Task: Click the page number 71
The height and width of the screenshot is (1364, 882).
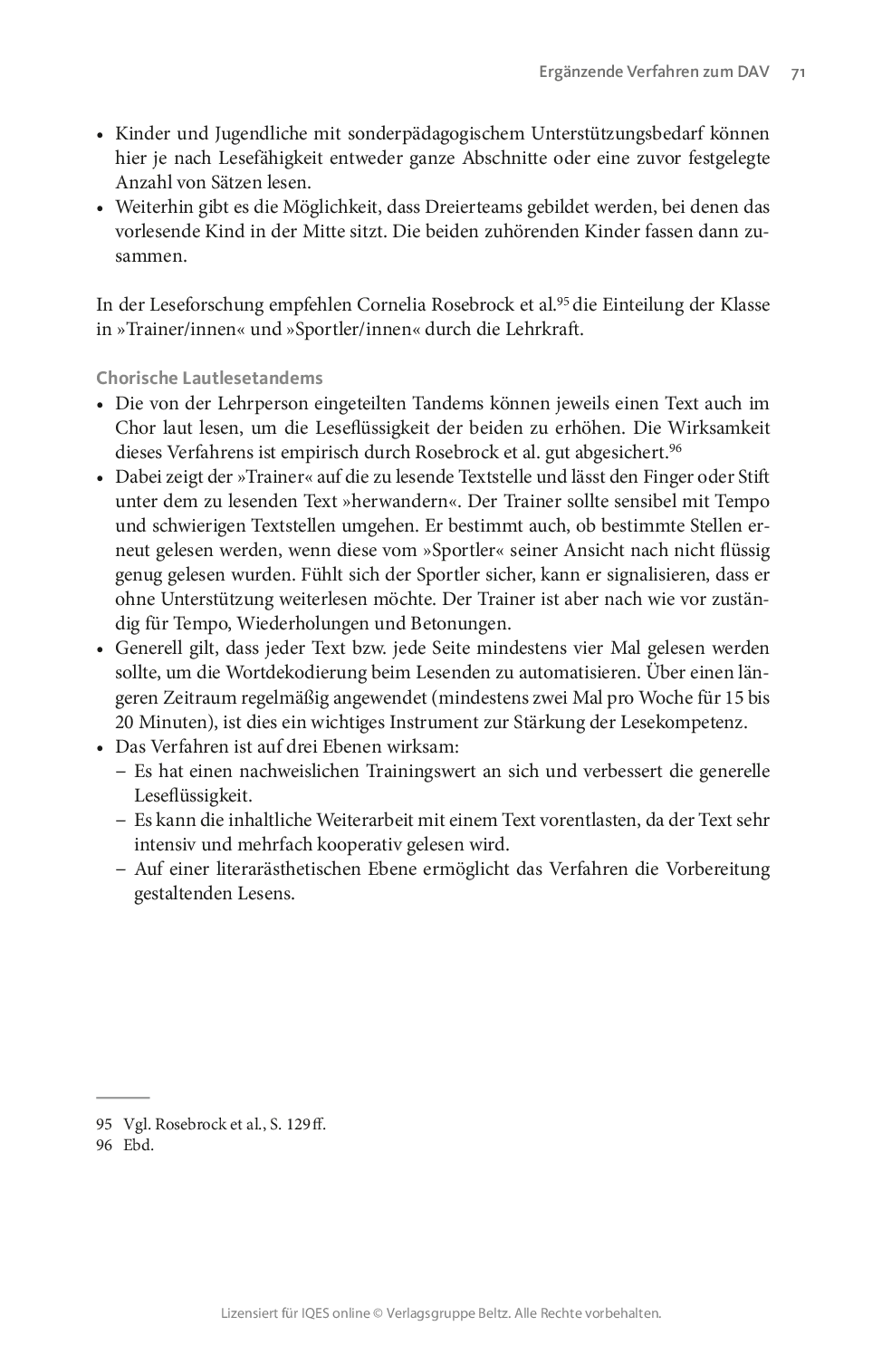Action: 798,74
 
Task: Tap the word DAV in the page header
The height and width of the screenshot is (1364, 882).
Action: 753,73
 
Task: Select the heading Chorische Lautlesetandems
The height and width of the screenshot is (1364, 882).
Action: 209,378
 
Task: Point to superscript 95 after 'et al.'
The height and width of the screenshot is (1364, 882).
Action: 562,300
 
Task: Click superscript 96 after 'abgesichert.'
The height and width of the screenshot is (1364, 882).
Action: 675,447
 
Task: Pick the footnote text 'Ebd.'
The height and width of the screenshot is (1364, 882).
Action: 139,1145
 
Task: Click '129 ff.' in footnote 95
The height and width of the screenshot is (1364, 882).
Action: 306,1124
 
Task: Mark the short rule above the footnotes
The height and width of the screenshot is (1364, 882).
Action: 122,1097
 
